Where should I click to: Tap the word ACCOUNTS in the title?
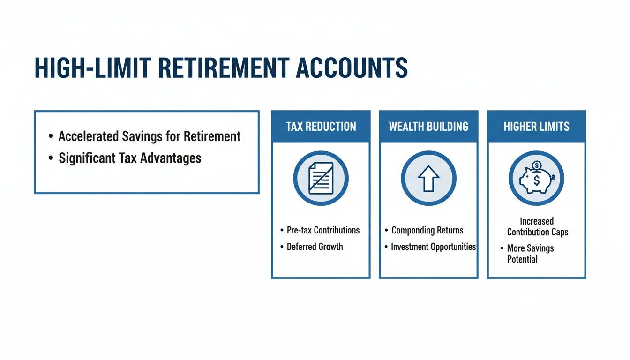352,68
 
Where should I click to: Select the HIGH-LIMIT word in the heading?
92,68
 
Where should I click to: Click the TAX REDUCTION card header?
321,127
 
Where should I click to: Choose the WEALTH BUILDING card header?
428,127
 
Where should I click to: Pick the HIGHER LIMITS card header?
536,127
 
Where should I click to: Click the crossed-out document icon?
321,179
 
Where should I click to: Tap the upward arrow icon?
428,179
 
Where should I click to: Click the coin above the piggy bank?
537,165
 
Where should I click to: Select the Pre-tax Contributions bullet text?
323,230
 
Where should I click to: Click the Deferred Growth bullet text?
315,247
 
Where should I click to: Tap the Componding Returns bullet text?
427,230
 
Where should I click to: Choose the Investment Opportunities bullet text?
433,247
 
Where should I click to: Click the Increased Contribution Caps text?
537,226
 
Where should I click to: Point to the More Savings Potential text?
530,254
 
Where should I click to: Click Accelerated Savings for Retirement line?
149,136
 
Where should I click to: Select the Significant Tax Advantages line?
129,158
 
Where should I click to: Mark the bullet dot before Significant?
51,158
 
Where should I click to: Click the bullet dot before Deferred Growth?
282,247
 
